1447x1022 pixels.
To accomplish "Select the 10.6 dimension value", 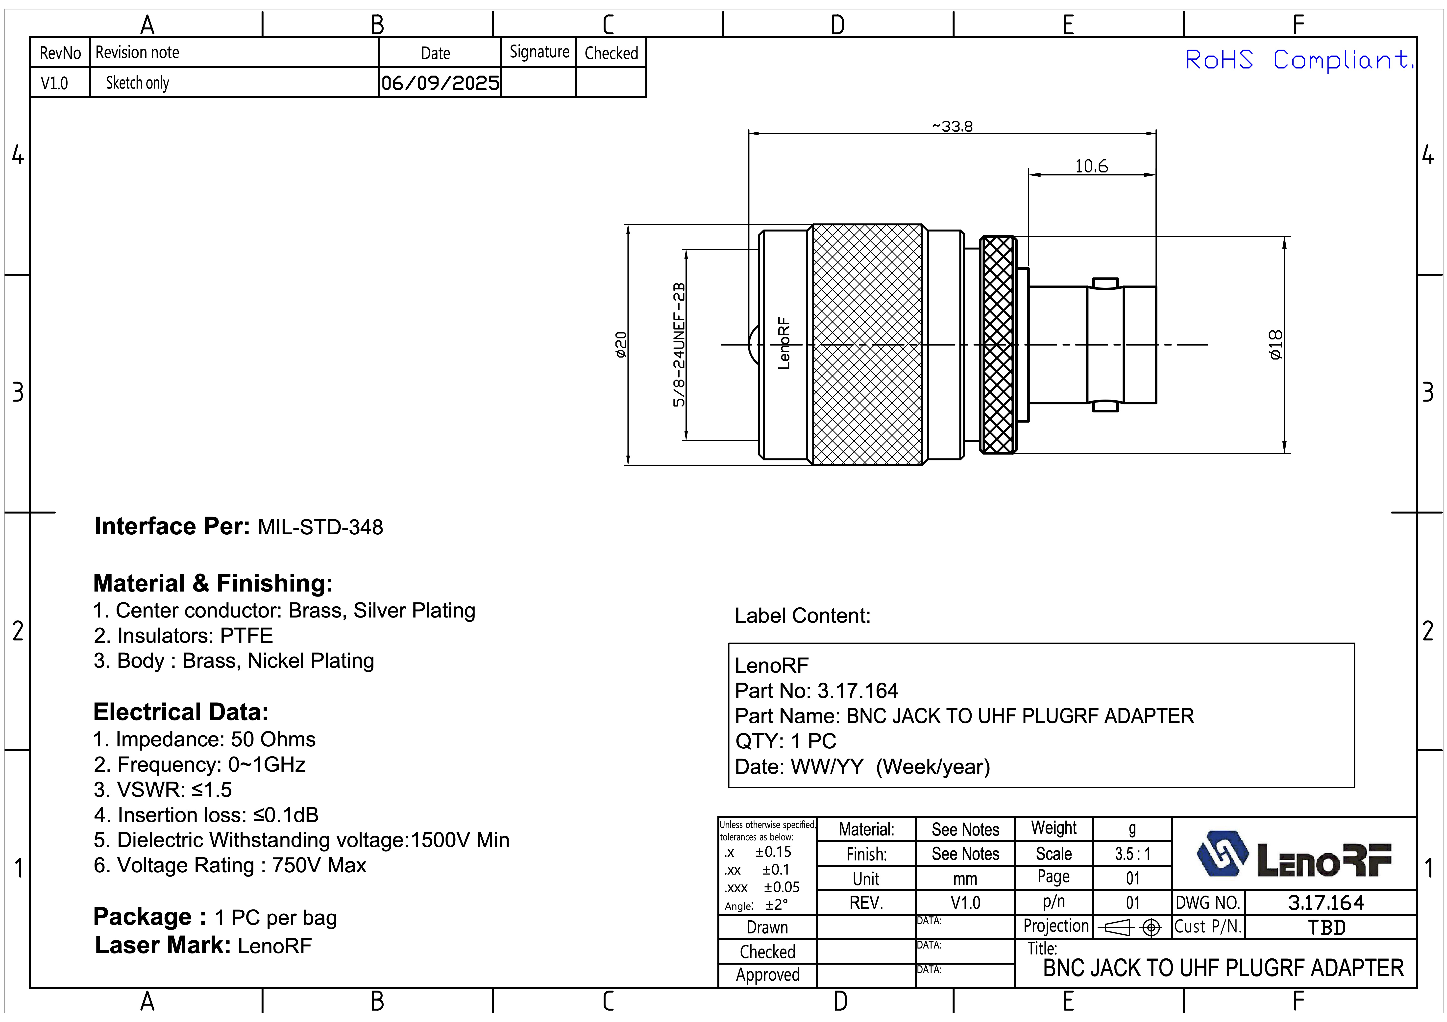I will [1091, 166].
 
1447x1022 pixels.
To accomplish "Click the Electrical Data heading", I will [181, 712].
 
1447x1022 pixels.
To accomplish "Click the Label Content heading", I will [802, 616].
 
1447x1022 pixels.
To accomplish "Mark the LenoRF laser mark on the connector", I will [783, 343].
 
